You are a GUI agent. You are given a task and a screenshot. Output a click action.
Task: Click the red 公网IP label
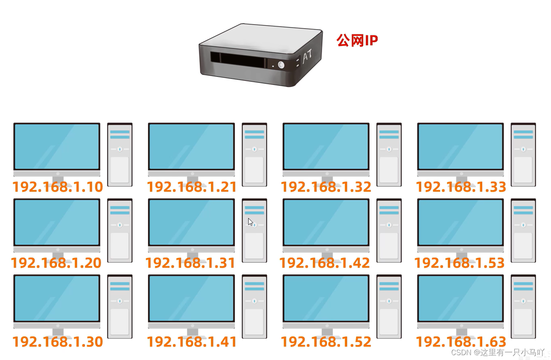pyautogui.click(x=357, y=40)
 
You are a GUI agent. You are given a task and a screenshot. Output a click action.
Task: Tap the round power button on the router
pyautogui.click(x=281, y=65)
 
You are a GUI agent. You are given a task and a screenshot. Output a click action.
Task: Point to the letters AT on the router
pyautogui.click(x=308, y=56)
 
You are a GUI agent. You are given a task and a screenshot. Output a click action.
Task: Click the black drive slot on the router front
pyautogui.click(x=238, y=60)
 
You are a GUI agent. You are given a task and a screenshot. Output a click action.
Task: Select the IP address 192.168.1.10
pyautogui.click(x=58, y=187)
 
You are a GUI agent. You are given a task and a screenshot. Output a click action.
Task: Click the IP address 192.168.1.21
pyautogui.click(x=192, y=187)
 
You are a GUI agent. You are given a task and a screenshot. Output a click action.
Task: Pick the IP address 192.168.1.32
pyautogui.click(x=326, y=187)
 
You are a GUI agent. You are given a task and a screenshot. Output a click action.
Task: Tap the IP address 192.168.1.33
pyautogui.click(x=461, y=187)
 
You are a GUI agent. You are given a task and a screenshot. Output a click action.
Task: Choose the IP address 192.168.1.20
pyautogui.click(x=56, y=263)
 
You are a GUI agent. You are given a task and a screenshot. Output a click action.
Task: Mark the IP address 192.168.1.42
pyautogui.click(x=325, y=263)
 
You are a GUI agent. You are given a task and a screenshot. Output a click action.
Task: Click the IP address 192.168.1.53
pyautogui.click(x=460, y=263)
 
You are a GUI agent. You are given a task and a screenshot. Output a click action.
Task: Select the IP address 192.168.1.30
pyautogui.click(x=58, y=342)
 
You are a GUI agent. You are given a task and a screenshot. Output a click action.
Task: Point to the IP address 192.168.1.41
pyautogui.click(x=192, y=342)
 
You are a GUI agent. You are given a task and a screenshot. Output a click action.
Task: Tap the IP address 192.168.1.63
pyautogui.click(x=461, y=342)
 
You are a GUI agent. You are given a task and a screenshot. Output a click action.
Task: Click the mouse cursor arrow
pyautogui.click(x=250, y=222)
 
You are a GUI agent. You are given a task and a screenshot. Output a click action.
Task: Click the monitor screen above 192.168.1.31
pyautogui.click(x=191, y=222)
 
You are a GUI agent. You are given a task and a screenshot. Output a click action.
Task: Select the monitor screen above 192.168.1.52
pyautogui.click(x=326, y=298)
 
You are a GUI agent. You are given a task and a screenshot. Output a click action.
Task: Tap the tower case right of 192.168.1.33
pyautogui.click(x=523, y=155)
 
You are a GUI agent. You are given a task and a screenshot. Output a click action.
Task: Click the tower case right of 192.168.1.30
pyautogui.click(x=120, y=306)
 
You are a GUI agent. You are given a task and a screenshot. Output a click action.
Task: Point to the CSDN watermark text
pyautogui.click(x=498, y=352)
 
